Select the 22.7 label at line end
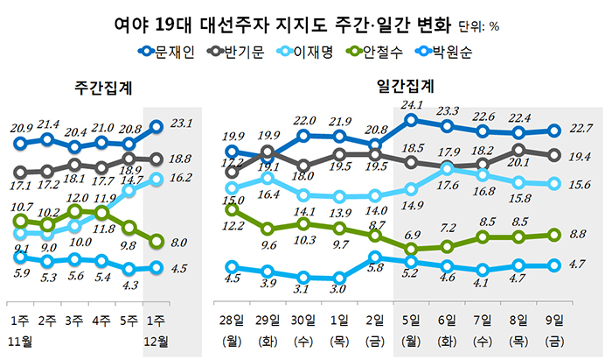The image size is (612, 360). click(x=581, y=130)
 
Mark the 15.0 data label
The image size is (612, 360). click(x=233, y=201)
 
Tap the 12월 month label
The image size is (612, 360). click(x=156, y=337)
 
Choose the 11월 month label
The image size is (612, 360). click(x=22, y=337)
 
